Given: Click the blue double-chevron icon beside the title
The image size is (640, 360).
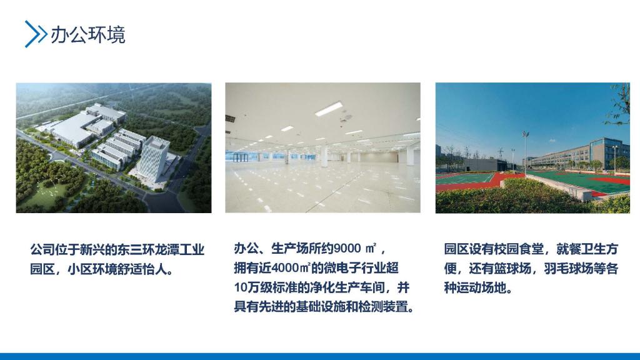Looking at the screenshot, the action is (x=36, y=34).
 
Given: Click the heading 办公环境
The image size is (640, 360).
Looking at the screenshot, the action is (x=87, y=35).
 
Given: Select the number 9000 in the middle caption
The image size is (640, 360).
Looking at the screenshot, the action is (x=347, y=248).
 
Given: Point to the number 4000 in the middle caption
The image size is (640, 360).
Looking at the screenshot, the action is (x=285, y=268).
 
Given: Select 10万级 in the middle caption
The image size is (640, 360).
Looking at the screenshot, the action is (x=252, y=287).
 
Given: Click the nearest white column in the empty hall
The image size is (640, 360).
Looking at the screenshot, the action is (x=324, y=156).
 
